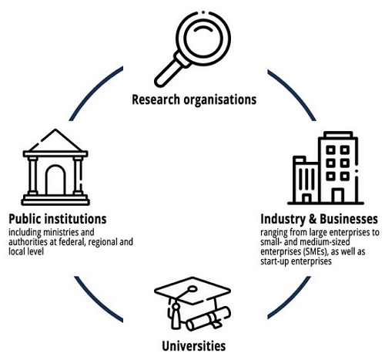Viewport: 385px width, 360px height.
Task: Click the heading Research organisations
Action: [194, 100]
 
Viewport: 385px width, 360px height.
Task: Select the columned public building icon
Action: [55, 167]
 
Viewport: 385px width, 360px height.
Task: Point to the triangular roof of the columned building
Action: [55, 140]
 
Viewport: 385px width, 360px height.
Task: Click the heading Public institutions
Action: [58, 219]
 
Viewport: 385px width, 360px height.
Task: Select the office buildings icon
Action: [326, 168]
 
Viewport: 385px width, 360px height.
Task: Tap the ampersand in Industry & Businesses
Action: [313, 219]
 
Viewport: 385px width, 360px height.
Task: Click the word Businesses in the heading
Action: [349, 219]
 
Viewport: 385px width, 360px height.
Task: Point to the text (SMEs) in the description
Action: [316, 252]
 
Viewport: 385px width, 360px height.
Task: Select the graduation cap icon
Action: [192, 303]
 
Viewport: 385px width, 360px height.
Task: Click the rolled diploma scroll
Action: [209, 318]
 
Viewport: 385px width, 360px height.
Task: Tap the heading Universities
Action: [194, 346]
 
